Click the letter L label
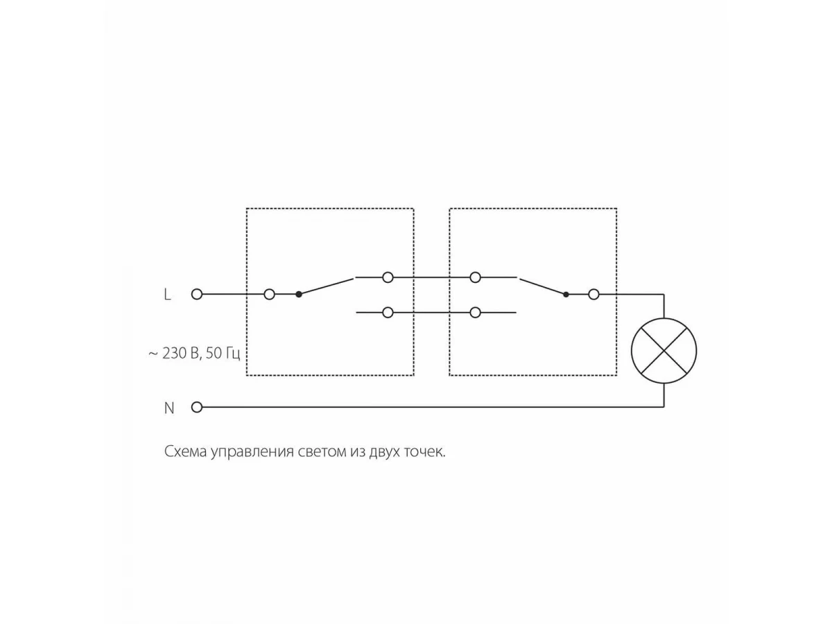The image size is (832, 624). pos(167,295)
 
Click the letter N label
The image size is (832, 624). pos(169,408)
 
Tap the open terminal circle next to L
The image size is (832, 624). pos(197,294)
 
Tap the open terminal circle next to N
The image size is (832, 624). pos(197,407)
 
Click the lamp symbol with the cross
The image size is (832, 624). pos(664,351)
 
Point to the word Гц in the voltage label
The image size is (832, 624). pos(233,354)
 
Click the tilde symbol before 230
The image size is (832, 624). pos(153,354)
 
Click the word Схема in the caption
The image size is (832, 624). pos(186,451)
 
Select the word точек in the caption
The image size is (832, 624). pos(424,452)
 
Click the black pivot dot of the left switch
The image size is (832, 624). pos(299,294)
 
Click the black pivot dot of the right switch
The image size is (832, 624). pos(566,295)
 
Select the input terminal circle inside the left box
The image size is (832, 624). pos(269,294)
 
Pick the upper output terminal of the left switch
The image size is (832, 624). pos(388,277)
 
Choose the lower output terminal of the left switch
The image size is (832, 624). pos(388,313)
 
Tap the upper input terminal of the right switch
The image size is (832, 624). pos(476,277)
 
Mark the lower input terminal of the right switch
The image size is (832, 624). pos(476,313)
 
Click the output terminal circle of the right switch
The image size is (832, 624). pos(593,294)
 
